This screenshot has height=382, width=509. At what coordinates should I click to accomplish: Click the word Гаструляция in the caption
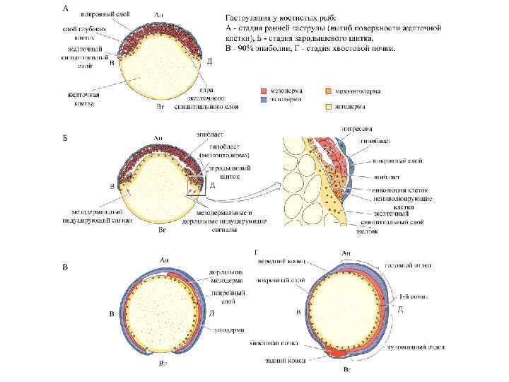pos(249,16)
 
